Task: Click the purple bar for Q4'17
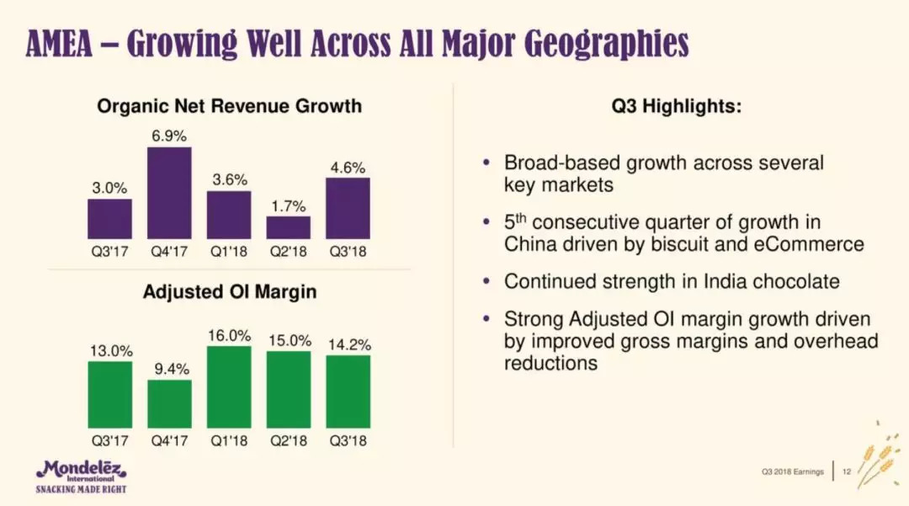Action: [169, 193]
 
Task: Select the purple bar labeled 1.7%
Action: [289, 227]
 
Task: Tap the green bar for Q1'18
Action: [229, 386]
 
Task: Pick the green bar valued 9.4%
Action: [169, 403]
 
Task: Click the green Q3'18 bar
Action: [348, 391]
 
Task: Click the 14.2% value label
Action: [348, 344]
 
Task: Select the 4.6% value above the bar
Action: [348, 168]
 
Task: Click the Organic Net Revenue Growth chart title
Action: [229, 106]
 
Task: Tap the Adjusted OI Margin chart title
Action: [229, 292]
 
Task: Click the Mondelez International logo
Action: [80, 476]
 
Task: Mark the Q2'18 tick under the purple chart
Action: [289, 251]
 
